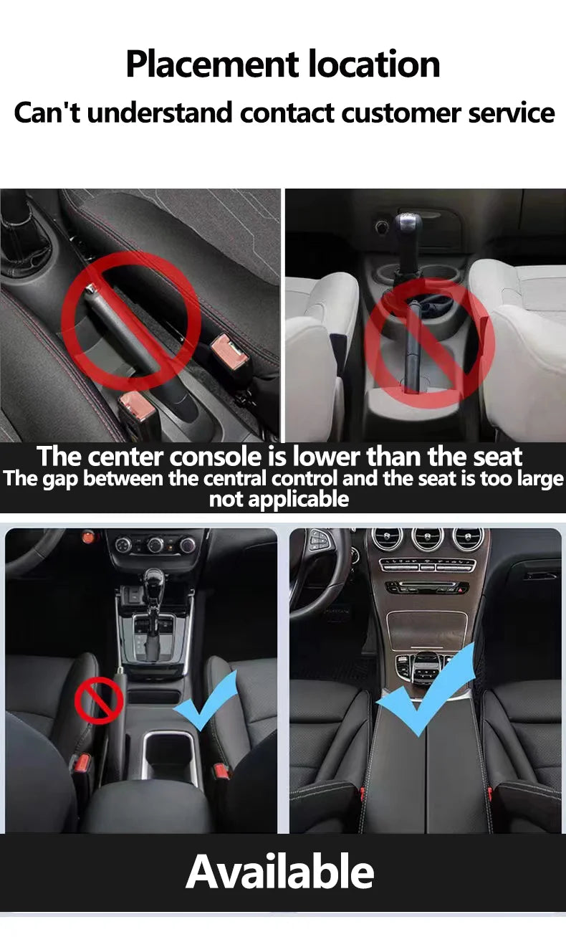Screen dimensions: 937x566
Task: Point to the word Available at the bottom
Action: [280, 872]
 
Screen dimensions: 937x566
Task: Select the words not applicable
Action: [279, 499]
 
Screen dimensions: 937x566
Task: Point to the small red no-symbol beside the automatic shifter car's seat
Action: [99, 700]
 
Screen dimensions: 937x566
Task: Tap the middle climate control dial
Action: [155, 545]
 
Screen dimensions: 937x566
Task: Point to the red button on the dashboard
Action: [89, 536]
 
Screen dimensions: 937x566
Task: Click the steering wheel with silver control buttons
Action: [322, 566]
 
